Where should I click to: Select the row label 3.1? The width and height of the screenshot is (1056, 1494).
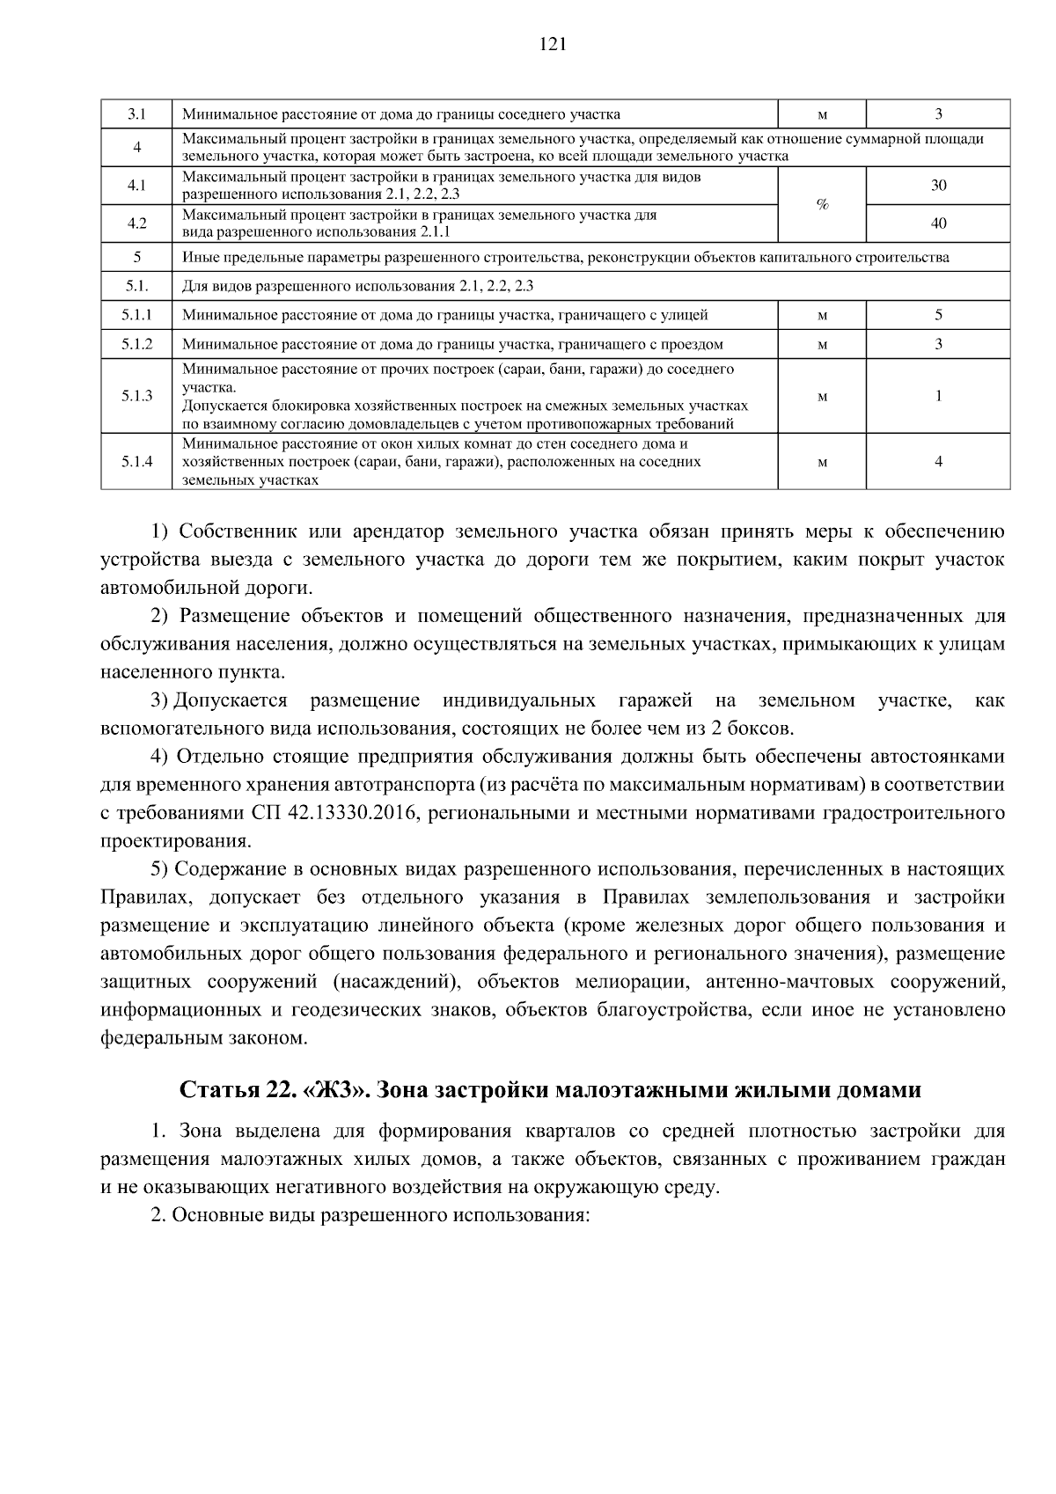point(136,114)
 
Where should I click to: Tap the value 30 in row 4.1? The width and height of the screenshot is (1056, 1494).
point(938,186)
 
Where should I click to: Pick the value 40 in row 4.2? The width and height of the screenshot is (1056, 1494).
point(938,223)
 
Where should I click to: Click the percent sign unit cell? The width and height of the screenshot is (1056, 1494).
point(822,204)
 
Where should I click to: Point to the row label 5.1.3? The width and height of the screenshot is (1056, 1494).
point(136,396)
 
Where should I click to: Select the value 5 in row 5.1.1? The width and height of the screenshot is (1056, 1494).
point(938,315)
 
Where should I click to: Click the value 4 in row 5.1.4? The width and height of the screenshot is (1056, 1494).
point(938,462)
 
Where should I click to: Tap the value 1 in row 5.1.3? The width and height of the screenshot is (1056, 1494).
point(938,396)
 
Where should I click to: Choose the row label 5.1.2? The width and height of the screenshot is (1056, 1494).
point(136,344)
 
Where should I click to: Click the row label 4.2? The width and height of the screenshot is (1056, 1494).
point(136,223)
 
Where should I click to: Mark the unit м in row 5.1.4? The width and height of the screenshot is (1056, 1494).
point(822,463)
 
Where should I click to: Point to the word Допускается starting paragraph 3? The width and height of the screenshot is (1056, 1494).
point(231,701)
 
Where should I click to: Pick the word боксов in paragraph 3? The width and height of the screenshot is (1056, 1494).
point(762,729)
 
